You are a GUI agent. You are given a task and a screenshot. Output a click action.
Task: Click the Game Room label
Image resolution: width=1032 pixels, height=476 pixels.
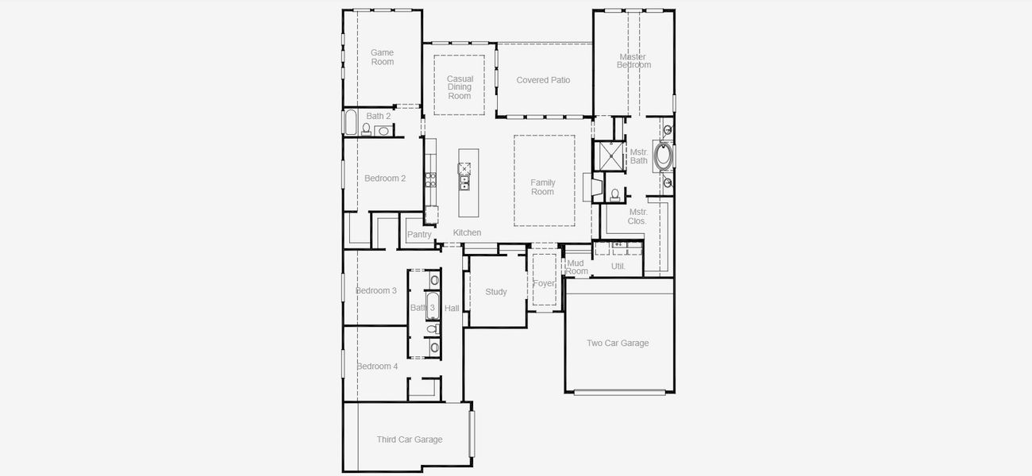382,57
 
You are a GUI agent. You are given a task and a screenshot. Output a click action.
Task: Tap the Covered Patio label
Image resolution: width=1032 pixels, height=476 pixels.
543,80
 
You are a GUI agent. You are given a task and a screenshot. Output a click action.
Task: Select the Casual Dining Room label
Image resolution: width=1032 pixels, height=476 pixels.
460,87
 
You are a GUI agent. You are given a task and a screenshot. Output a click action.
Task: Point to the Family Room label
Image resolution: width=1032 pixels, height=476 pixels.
543,187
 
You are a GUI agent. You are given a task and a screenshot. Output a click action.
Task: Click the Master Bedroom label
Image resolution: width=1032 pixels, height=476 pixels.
633,60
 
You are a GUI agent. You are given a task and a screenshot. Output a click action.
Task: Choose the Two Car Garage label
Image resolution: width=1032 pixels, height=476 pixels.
618,344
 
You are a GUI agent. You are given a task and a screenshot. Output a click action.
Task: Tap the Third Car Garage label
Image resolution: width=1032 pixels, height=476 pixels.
410,440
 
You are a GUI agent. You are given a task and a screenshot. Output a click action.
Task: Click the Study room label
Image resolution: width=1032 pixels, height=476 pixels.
496,292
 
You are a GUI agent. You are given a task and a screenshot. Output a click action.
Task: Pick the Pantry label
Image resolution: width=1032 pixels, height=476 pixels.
419,235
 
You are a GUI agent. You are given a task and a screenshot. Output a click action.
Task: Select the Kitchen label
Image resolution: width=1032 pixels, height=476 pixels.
467,232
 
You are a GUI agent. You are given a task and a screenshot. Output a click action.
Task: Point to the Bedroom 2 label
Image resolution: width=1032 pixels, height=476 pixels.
385,178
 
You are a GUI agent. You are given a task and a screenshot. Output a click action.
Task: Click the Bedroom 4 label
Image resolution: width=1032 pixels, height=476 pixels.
377,367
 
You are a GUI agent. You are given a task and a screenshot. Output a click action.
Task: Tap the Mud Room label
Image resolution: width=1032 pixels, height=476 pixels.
576,267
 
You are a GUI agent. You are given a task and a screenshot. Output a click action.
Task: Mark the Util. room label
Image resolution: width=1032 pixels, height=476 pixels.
618,267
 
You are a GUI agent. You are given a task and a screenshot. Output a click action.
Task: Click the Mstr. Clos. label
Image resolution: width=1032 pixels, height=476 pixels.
637,217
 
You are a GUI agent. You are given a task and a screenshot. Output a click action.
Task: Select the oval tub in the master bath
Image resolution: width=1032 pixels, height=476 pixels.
663,155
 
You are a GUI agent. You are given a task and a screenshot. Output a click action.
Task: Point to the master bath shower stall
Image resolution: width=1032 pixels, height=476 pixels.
609,156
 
